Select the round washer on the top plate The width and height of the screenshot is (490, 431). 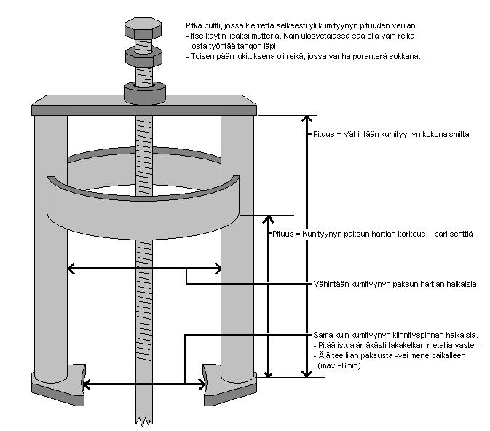tap(144, 92)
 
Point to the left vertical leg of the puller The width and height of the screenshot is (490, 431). tap(50, 240)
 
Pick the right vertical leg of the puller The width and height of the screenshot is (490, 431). tap(237, 240)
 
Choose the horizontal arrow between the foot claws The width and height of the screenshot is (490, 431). tap(143, 384)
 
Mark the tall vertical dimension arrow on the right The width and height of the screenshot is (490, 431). tap(305, 244)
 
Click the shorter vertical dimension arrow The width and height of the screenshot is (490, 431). tap(271, 295)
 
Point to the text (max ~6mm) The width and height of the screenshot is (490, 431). tap(339, 365)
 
